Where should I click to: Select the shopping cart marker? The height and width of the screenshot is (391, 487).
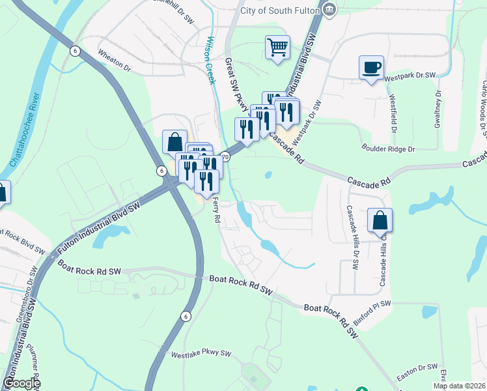pos(277,48)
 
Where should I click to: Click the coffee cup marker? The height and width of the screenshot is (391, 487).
pos(371,68)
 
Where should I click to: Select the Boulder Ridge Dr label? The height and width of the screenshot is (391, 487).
pos(389,149)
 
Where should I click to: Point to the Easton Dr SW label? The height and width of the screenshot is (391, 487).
pos(418,368)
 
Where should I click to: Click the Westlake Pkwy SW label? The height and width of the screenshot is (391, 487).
pos(202,355)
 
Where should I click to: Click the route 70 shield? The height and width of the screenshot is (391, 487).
pos(225,156)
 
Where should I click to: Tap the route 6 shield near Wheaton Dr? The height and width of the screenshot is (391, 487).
pos(76,51)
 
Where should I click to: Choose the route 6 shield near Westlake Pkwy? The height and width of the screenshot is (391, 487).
pos(186,316)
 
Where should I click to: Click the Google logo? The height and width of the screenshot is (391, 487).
pos(21,383)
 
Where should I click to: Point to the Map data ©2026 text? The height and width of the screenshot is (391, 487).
pos(458,386)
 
